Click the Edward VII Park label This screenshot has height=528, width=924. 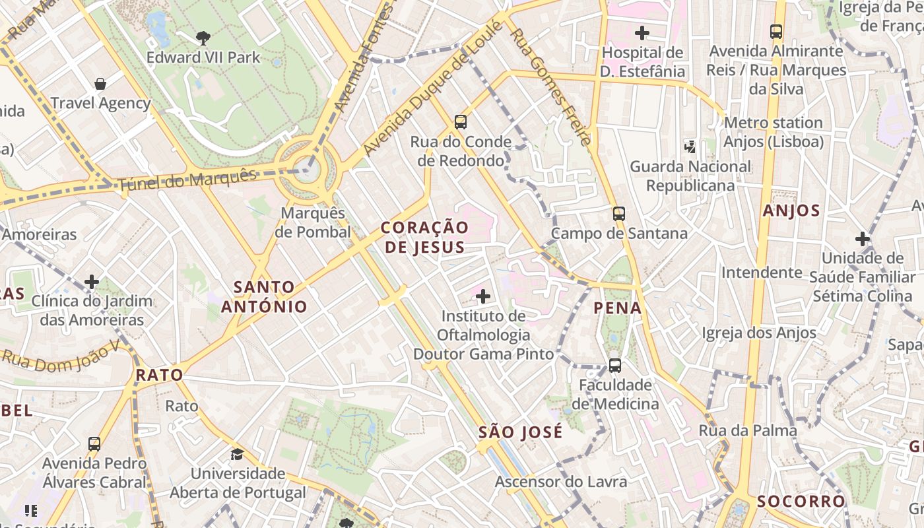tap(203, 57)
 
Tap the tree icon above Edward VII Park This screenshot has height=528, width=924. tap(203, 38)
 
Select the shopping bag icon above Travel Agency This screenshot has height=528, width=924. tap(100, 84)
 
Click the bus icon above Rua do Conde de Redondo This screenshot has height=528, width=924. tap(461, 122)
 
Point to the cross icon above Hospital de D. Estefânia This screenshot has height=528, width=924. tap(642, 32)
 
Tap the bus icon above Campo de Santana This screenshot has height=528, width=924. tap(618, 214)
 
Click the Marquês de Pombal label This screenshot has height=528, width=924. tap(313, 222)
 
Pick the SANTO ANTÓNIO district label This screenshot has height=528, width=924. tap(264, 296)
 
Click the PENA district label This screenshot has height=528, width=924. tap(617, 308)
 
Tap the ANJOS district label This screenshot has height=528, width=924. tap(791, 211)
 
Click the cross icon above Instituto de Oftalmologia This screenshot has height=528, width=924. tap(483, 296)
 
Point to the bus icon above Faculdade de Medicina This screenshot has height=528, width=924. tap(615, 365)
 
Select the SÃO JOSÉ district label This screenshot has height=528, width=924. tap(521, 432)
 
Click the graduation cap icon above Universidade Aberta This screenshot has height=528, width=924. tap(237, 454)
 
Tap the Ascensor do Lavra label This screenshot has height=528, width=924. tap(561, 482)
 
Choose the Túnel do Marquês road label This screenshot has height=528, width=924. tap(187, 180)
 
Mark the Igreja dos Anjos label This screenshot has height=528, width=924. tap(759, 333)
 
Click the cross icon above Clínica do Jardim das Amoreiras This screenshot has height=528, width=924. tap(92, 282)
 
